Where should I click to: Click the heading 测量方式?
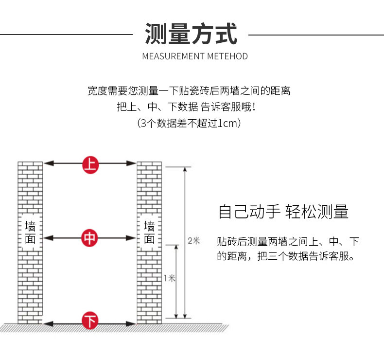point(191,35)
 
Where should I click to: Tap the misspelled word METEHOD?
point(227,56)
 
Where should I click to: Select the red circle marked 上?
point(90,164)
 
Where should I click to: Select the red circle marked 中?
point(90,238)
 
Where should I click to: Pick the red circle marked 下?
point(90,322)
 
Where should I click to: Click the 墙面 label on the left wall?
point(30,233)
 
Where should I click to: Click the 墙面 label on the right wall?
point(149,233)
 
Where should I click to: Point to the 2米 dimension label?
point(193,240)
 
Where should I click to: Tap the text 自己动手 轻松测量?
point(283,212)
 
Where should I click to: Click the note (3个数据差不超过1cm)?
point(189,123)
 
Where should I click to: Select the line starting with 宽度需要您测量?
point(189,90)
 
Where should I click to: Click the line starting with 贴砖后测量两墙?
point(288,241)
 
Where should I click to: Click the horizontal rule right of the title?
point(316,35)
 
